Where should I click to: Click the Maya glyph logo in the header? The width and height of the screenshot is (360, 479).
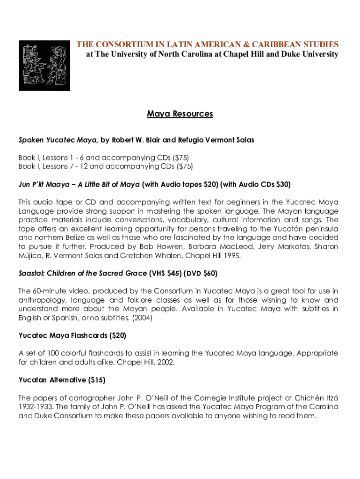point(44,65)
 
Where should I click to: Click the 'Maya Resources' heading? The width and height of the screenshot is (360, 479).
point(180,114)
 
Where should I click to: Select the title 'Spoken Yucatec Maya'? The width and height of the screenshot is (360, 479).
point(58,140)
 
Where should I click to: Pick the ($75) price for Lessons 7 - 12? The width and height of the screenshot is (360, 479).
point(184,166)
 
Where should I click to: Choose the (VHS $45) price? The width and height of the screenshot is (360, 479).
point(165,273)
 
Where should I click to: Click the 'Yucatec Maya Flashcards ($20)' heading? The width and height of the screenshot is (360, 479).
point(72,335)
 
